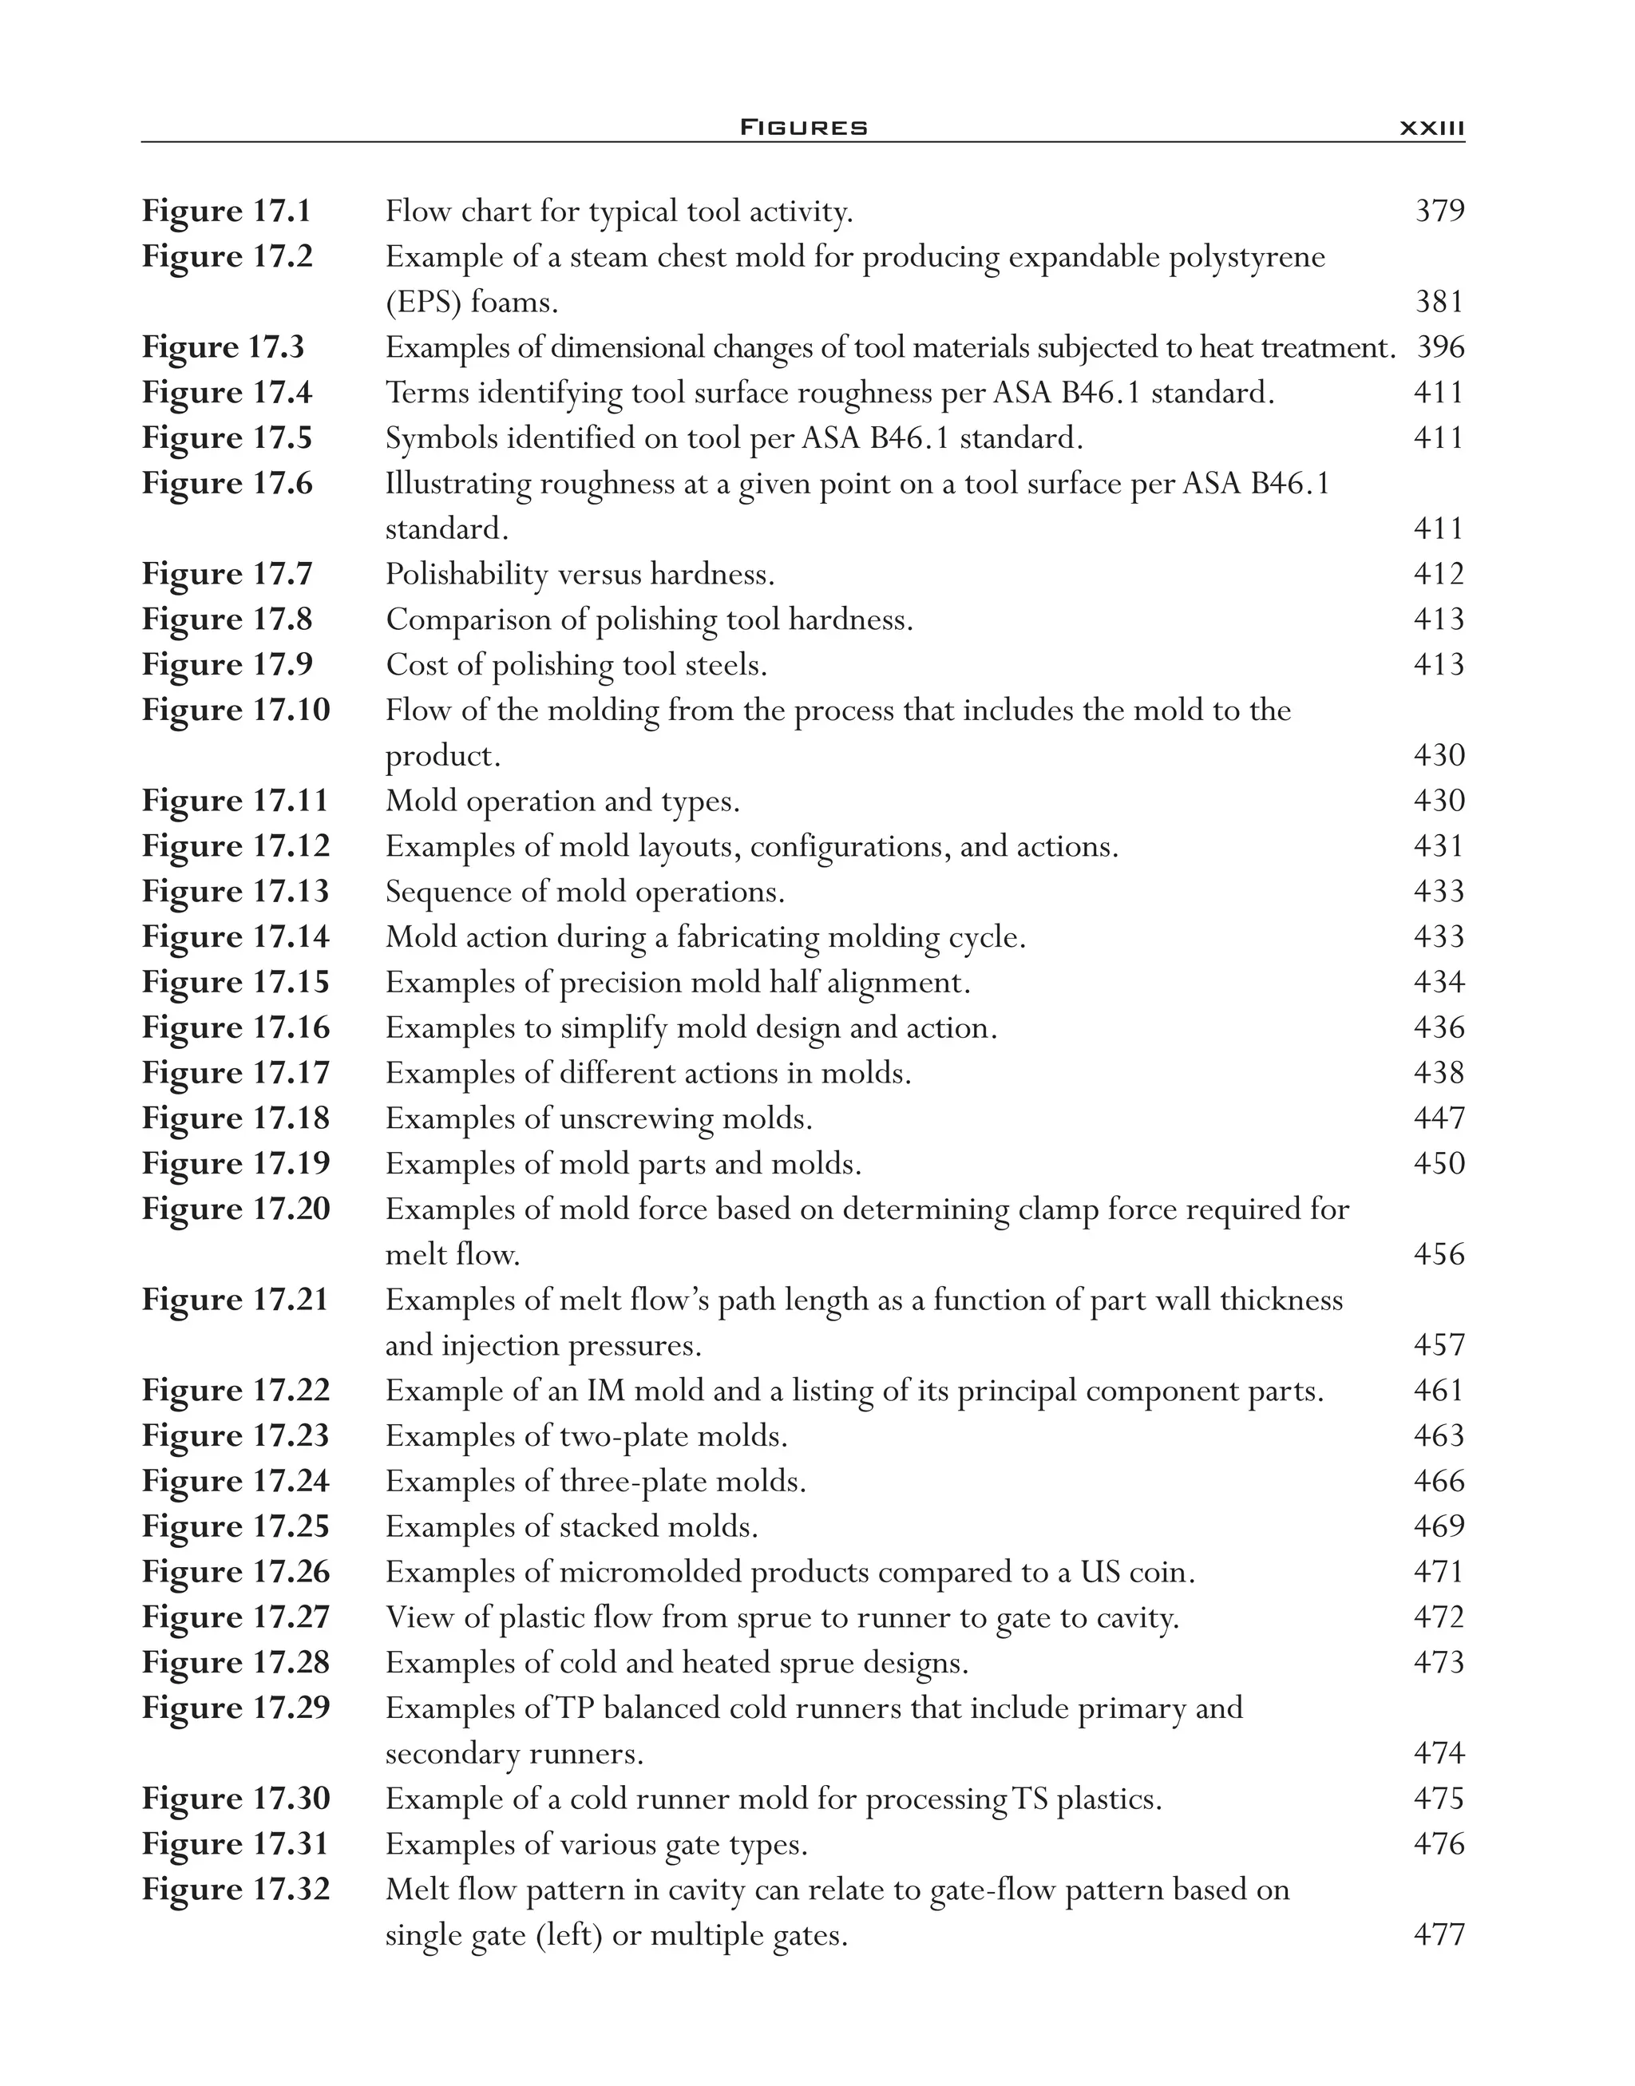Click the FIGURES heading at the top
803,127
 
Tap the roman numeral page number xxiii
1431,127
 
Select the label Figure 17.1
226,211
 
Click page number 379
1439,211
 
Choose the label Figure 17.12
236,846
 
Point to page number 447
1439,1118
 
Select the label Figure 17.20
236,1209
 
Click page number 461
1439,1390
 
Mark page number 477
1439,1935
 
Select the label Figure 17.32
236,1890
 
